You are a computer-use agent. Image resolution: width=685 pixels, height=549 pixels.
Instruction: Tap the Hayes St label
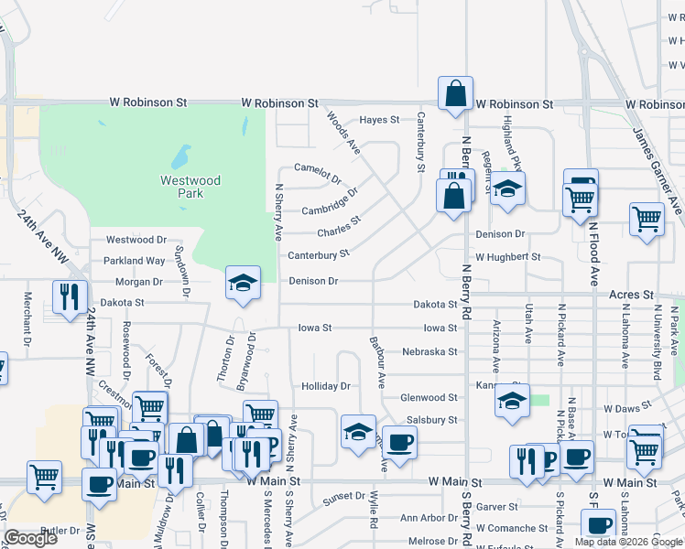coord(379,120)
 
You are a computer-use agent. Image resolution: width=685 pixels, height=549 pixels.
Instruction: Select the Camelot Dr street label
coord(317,168)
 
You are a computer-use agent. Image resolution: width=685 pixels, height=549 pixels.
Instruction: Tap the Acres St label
coord(632,296)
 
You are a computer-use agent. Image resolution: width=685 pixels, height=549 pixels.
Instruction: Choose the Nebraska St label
coord(429,351)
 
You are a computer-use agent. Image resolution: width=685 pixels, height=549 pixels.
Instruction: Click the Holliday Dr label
coord(326,387)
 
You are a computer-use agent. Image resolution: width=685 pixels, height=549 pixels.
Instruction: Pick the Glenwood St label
coord(429,398)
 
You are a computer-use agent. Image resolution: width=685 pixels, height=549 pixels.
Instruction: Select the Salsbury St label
coord(431,420)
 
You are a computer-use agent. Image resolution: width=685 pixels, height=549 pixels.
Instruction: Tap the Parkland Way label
coord(134,261)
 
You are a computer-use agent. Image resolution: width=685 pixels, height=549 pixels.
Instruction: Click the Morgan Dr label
coord(138,282)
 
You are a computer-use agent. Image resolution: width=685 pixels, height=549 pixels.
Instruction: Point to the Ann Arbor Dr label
coord(427,519)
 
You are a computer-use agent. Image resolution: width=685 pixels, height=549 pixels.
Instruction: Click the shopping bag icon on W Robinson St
coord(455,93)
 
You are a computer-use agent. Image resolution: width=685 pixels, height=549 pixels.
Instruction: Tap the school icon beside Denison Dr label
coord(244,283)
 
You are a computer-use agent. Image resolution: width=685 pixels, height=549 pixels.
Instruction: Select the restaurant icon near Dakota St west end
coord(70,296)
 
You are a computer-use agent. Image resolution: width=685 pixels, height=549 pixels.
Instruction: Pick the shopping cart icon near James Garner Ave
coord(647,220)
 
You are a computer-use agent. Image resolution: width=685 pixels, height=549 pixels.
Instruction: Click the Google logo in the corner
coord(30,538)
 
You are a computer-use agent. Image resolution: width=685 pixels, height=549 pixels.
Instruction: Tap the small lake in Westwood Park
coord(181,156)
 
